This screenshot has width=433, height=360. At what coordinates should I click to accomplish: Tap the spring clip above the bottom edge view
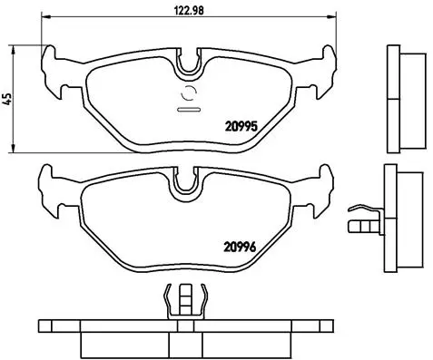click(x=185, y=301)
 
